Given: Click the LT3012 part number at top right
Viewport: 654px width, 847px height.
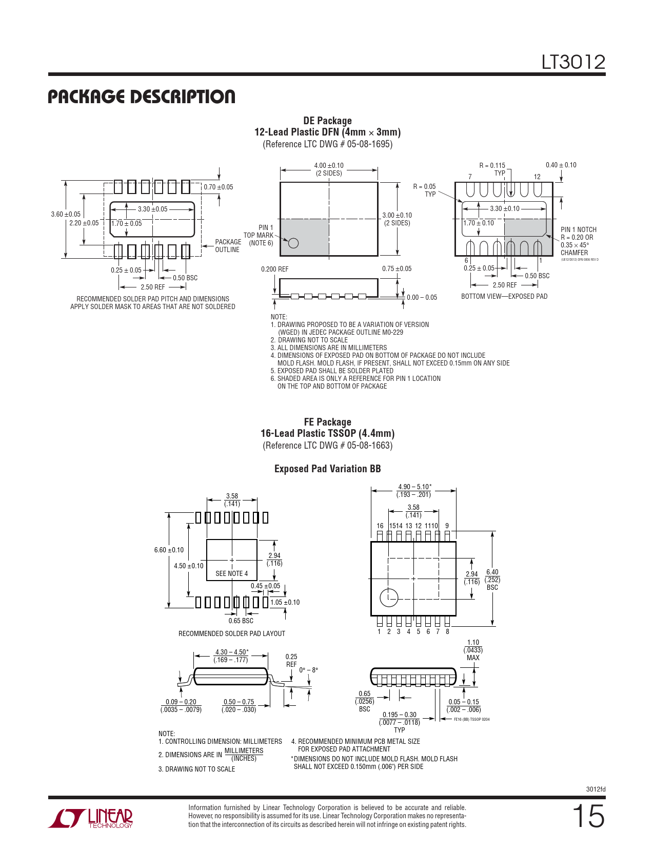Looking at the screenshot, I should tap(573, 63).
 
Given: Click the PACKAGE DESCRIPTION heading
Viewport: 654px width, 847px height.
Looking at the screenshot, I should tap(142, 97).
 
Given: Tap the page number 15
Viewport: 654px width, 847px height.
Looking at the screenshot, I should tap(588, 816).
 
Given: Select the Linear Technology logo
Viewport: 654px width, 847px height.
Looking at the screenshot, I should tap(91, 818).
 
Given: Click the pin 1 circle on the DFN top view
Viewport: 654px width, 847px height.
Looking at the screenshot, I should tap(293, 243).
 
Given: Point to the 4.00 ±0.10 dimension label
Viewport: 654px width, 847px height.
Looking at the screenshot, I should tap(329, 166).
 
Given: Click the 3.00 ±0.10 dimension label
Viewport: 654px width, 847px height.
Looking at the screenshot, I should tap(397, 216).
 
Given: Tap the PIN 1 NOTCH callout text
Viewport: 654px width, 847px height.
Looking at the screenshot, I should tap(579, 230).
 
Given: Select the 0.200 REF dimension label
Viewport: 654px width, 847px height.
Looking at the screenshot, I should tap(274, 269).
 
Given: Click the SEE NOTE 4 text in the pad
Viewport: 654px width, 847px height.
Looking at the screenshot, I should tap(231, 573).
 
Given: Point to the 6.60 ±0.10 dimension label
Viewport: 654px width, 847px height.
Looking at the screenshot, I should tap(169, 550).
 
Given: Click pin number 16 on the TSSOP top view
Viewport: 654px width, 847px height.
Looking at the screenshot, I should tap(380, 526).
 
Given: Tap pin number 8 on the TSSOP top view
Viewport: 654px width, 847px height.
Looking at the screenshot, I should tap(447, 631).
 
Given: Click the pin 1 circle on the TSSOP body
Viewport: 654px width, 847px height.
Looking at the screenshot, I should tap(389, 597).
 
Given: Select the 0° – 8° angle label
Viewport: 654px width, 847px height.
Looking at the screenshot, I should tap(308, 670).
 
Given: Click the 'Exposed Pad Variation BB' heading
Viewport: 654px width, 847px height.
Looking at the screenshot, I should tap(327, 469).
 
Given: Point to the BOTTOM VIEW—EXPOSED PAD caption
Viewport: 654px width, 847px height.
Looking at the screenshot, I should tap(504, 296).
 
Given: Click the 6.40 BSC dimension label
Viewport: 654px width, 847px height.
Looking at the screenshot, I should tap(492, 580).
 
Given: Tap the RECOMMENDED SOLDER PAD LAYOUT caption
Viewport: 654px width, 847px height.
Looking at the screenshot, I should tap(231, 633).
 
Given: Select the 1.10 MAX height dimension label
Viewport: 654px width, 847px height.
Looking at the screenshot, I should tap(473, 650).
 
